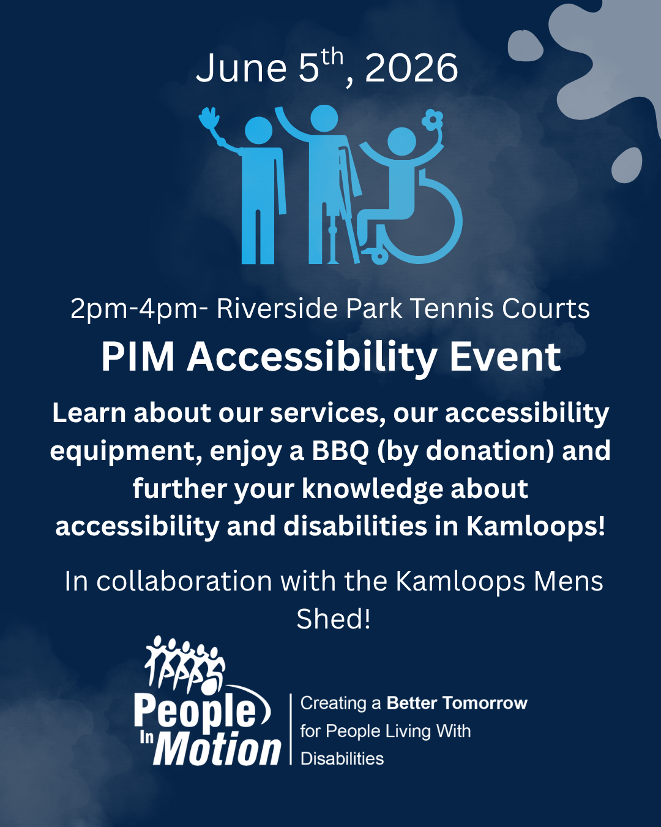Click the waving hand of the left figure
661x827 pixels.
(209, 118)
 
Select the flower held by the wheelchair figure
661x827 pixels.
(432, 120)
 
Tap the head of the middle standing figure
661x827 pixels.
(324, 118)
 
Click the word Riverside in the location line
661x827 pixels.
(277, 308)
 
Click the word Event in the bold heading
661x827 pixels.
(505, 357)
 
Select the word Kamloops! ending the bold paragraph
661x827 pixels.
(536, 526)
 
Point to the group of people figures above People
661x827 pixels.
(185, 665)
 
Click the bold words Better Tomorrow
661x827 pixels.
(457, 703)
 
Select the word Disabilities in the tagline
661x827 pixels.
(342, 758)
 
